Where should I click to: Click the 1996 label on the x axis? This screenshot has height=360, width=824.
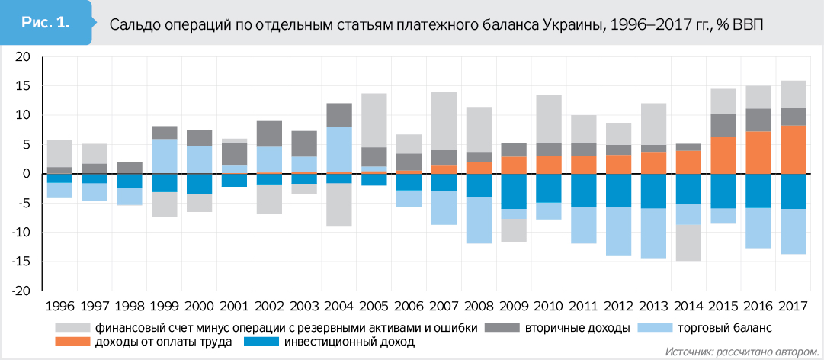point(60,307)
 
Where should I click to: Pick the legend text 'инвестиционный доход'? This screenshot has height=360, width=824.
point(349,342)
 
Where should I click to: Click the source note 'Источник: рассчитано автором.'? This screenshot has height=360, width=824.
point(740,352)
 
